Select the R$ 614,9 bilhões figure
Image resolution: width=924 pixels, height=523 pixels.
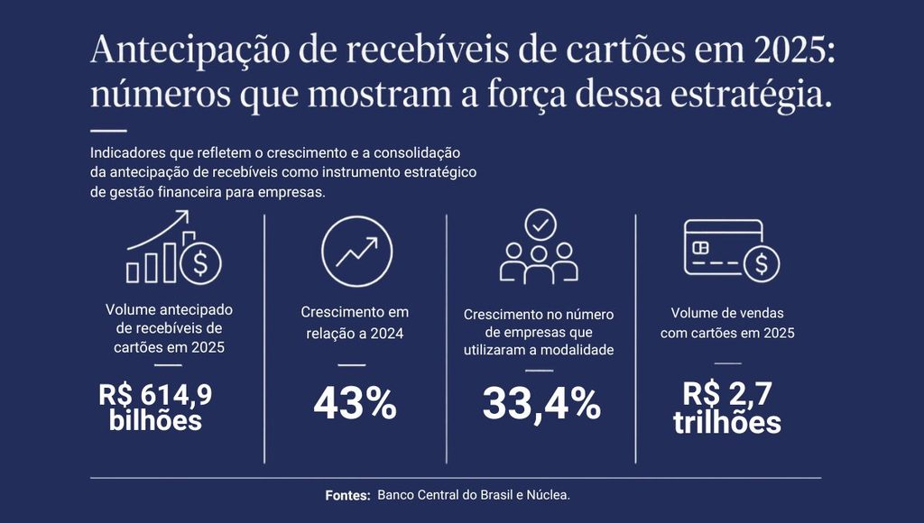(x=155, y=408)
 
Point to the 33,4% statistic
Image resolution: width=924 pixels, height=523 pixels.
(x=541, y=405)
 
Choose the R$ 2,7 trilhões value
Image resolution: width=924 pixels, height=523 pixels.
(x=727, y=408)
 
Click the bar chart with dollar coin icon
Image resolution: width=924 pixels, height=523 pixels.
(x=174, y=247)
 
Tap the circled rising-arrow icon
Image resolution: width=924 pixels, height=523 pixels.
(x=357, y=252)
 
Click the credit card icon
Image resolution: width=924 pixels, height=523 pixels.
(x=731, y=251)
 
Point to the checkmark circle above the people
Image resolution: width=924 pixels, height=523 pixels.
(x=541, y=225)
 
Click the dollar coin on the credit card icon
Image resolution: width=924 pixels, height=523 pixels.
(x=762, y=264)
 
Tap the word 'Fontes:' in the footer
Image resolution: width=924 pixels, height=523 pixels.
(x=347, y=495)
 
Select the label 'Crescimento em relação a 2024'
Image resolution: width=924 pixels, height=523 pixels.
(x=355, y=323)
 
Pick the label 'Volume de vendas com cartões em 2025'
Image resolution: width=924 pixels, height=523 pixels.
(x=727, y=323)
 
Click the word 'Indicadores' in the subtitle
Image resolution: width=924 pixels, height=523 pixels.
(x=128, y=152)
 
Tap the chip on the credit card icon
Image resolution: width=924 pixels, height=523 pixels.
(x=700, y=247)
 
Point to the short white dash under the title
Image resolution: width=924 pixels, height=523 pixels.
(x=108, y=131)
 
